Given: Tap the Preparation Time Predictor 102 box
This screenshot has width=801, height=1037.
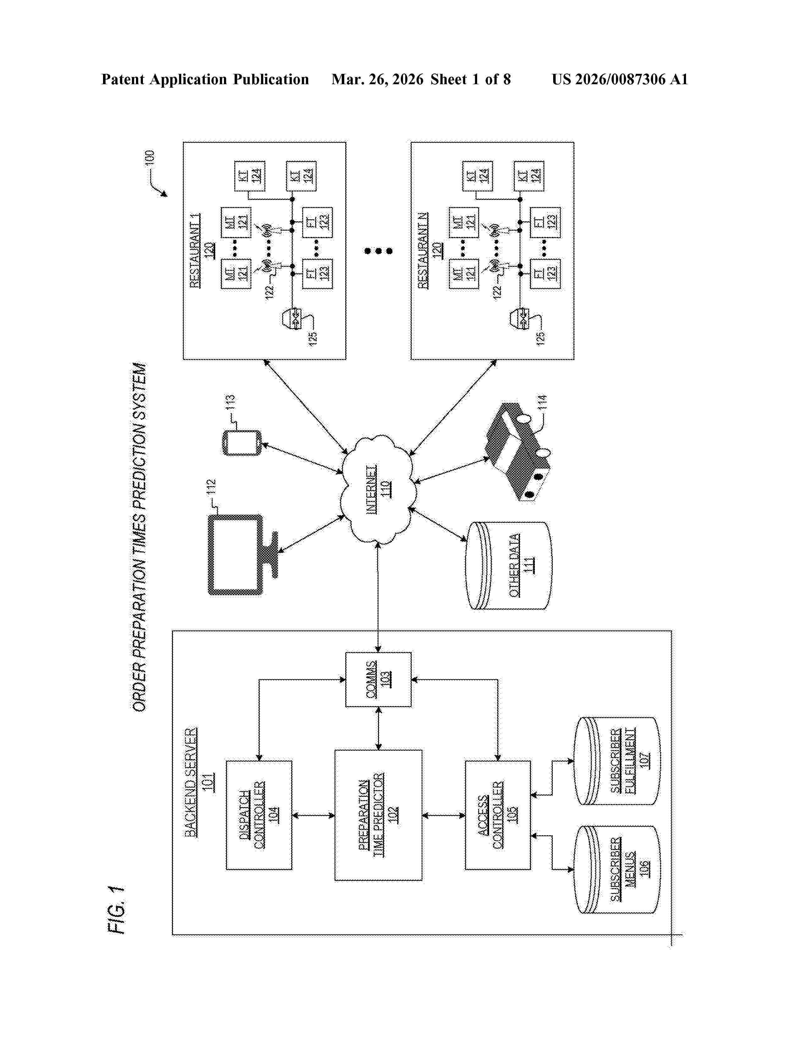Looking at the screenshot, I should (378, 815).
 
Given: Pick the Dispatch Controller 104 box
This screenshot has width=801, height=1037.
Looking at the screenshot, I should (259, 815).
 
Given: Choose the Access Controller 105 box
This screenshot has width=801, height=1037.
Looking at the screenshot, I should (498, 815).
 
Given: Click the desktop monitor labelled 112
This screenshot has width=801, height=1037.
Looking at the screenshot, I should (236, 555).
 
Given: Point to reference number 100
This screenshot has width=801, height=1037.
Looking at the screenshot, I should (150, 158).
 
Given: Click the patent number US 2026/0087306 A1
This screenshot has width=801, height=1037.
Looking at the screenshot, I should (619, 79).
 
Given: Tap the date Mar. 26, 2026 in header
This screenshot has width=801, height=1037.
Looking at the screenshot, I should (377, 79).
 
